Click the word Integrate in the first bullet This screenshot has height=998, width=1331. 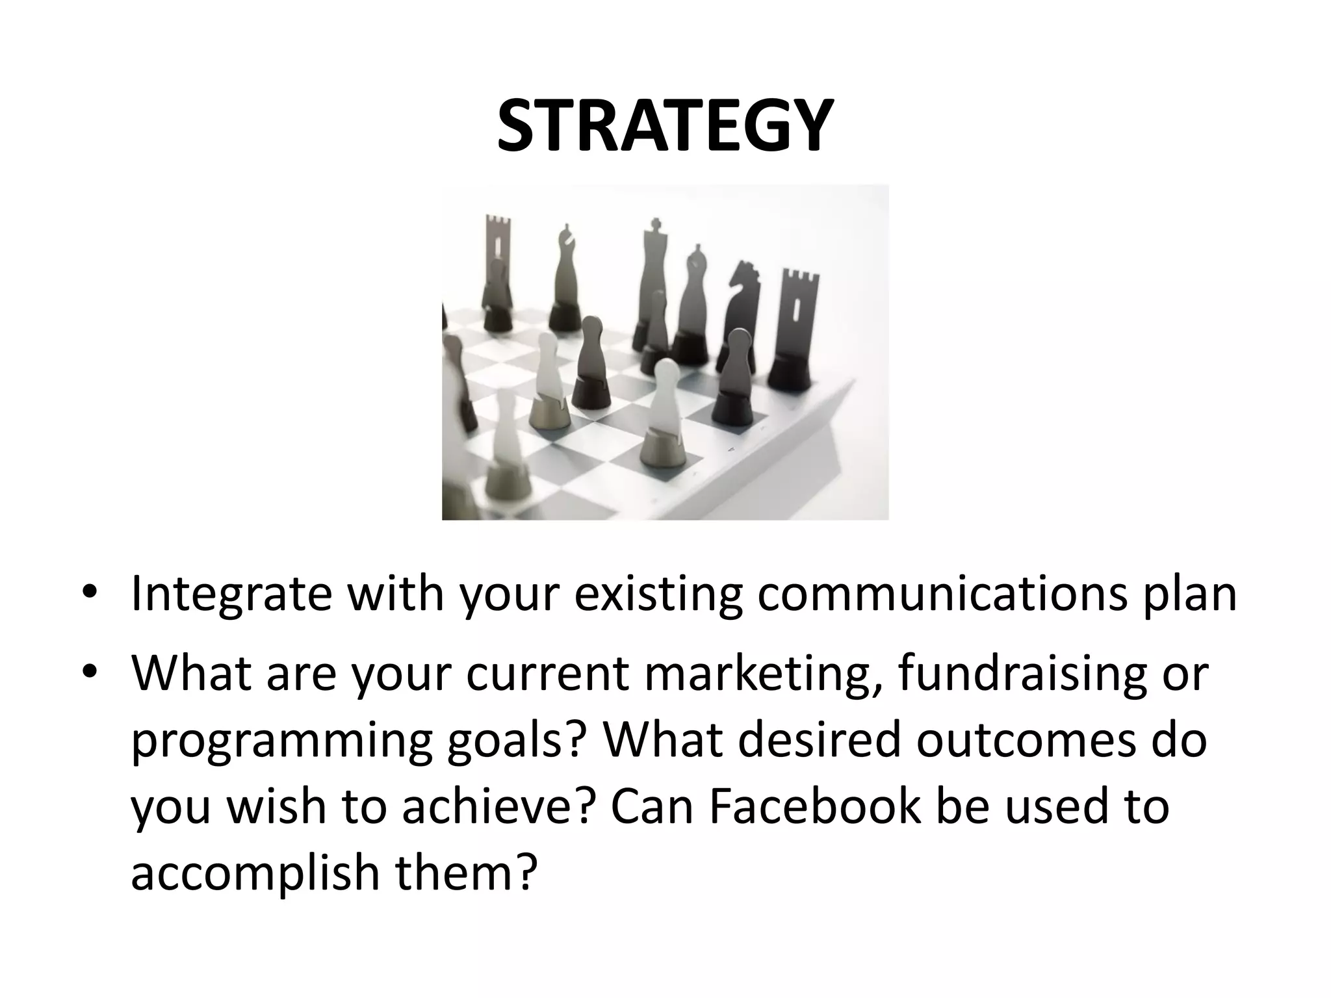click(x=231, y=595)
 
